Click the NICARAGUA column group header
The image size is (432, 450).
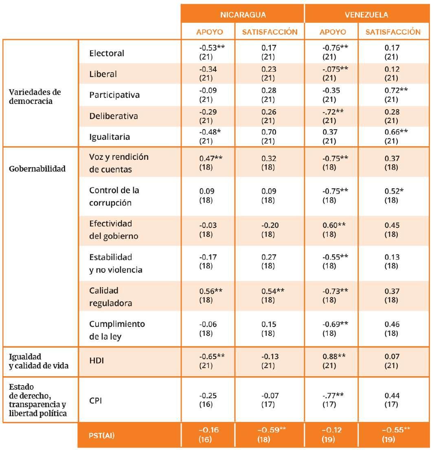pos(243,15)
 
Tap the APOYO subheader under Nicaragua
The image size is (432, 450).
pos(208,32)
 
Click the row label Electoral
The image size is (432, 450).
pos(107,53)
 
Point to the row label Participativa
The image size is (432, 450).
pos(114,95)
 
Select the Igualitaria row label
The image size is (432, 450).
pos(110,137)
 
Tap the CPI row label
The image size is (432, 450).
pos(95,401)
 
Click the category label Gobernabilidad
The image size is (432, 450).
pos(37,169)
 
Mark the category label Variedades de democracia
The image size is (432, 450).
pos(35,97)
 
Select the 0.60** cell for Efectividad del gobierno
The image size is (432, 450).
pos(333,225)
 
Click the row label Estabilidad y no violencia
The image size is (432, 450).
pos(110,263)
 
